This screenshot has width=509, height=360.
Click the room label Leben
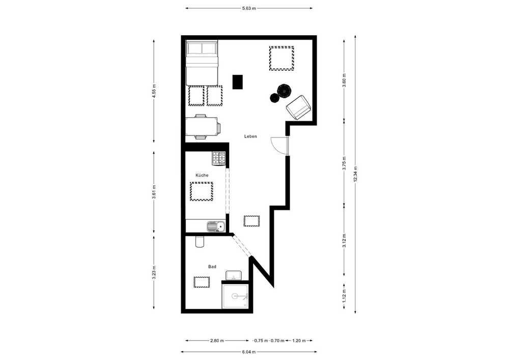(x=250, y=136)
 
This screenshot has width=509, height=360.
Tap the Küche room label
(x=202, y=175)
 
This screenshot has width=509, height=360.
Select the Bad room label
(x=212, y=267)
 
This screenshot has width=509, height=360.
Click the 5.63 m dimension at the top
(x=249, y=9)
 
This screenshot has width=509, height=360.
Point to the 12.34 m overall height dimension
(x=355, y=174)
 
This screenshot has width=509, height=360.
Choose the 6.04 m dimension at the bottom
(x=249, y=352)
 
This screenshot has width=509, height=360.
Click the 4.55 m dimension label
(x=154, y=91)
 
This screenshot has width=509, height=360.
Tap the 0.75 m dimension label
(x=261, y=341)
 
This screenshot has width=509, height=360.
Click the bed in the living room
(x=201, y=63)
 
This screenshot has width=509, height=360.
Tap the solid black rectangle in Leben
(x=238, y=82)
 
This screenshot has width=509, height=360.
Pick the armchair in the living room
(x=299, y=107)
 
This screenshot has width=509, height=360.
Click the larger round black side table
(x=285, y=91)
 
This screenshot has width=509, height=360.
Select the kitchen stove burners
(x=219, y=159)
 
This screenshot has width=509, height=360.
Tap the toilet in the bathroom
(x=200, y=241)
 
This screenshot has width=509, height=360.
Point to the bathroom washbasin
(x=234, y=275)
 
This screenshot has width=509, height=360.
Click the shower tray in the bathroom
(x=235, y=296)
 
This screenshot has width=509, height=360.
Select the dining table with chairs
(x=203, y=127)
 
